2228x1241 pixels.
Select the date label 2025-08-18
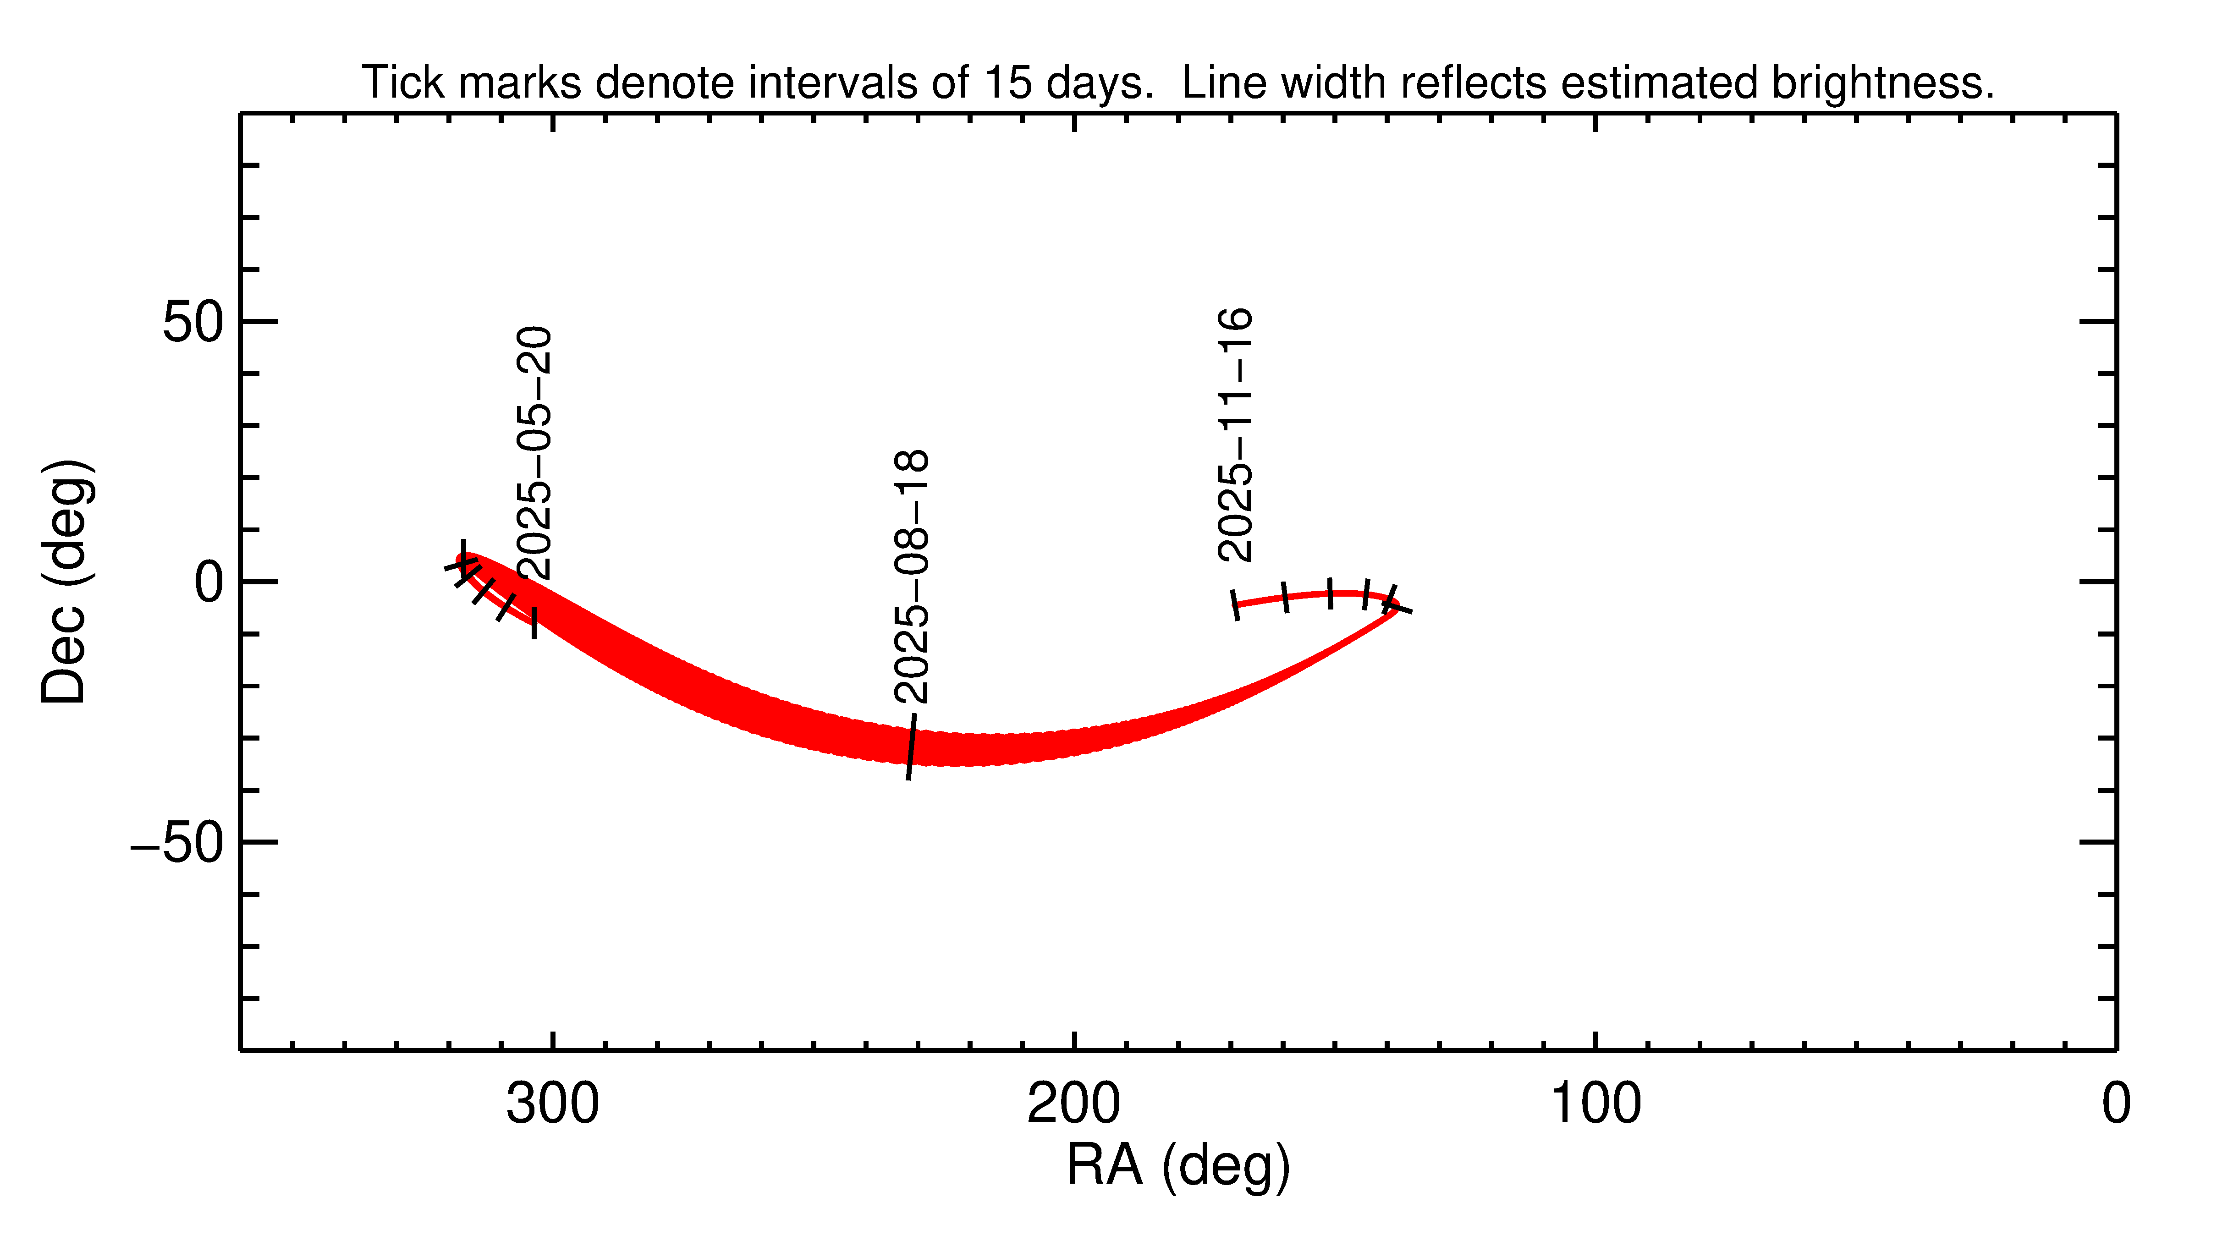pos(912,577)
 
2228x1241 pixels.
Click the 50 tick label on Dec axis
pos(194,323)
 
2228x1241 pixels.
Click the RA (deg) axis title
pos(1178,1166)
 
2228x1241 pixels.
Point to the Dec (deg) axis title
pos(66,582)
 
